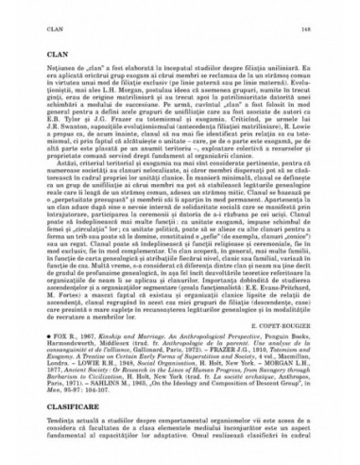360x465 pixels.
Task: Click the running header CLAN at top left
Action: (33, 13)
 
